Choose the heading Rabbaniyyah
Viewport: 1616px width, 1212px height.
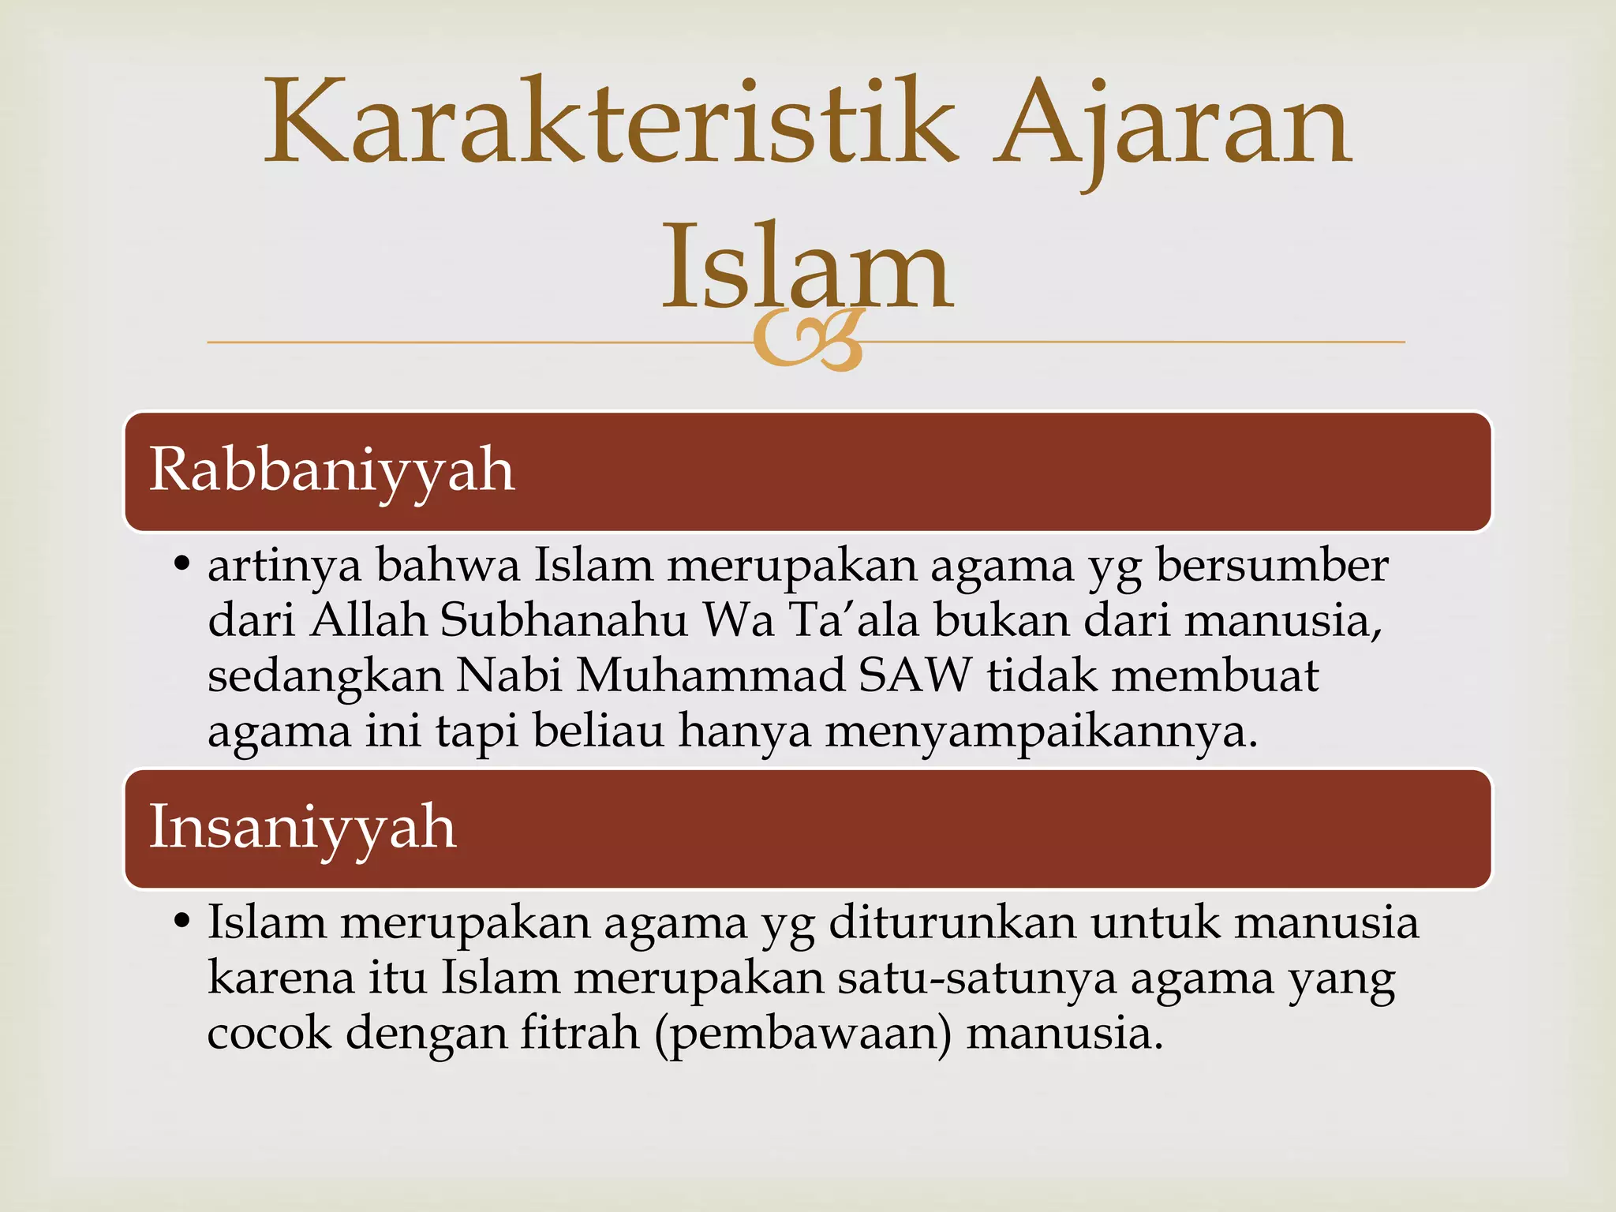coord(331,470)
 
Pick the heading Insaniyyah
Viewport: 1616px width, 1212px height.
coord(302,828)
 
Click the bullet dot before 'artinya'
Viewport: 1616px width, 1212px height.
coord(182,565)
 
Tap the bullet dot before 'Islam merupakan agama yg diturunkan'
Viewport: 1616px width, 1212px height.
coord(182,922)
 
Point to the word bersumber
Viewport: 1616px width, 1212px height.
coord(1271,566)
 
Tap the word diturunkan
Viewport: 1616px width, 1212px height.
coord(952,922)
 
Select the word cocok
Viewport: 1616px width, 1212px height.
coord(269,1034)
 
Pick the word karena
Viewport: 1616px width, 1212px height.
coord(281,978)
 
